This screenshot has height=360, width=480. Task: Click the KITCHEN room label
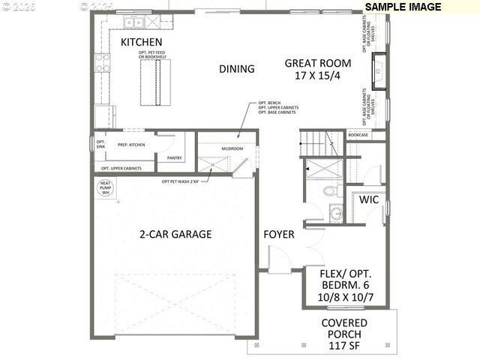(x=142, y=41)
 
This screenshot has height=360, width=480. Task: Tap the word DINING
(x=236, y=69)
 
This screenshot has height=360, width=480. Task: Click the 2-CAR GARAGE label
(x=175, y=234)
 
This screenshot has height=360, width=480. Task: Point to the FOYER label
(x=278, y=235)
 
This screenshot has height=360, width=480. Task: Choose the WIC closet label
(x=368, y=201)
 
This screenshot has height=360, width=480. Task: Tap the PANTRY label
(x=175, y=158)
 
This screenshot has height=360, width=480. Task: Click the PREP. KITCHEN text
(x=130, y=145)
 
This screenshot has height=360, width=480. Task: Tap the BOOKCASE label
(x=358, y=135)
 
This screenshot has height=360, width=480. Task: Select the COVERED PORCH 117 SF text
(x=344, y=334)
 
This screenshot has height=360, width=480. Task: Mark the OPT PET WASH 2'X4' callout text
(x=181, y=181)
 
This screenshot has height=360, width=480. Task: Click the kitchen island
(x=153, y=76)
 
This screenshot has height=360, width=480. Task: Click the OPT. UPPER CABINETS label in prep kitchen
(x=121, y=169)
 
